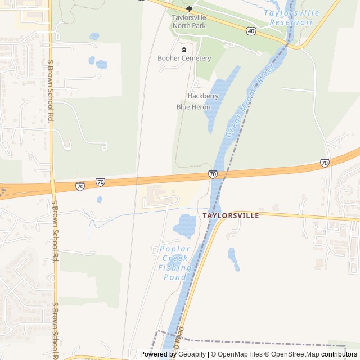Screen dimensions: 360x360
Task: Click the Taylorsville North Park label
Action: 189,21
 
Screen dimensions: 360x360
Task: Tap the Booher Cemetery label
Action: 184,58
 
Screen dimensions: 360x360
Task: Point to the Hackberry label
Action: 202,96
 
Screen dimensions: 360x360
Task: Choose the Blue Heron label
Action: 193,107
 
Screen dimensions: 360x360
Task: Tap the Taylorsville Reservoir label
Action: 294,17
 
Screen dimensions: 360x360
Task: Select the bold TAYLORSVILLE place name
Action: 231,215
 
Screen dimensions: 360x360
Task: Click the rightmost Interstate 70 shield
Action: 325,163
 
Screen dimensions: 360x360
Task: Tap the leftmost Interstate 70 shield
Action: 80,186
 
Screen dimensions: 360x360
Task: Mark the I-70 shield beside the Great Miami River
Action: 213,174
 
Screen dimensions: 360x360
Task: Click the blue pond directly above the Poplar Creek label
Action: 185,225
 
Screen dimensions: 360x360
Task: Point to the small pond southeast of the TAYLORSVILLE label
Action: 233,258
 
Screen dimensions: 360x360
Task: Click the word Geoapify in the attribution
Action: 189,354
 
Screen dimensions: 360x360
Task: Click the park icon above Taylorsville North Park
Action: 189,8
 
